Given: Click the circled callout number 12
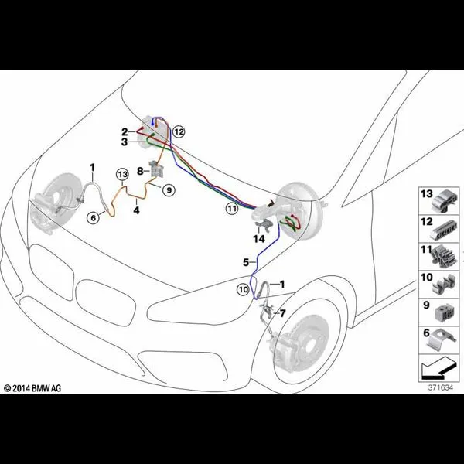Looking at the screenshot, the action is (x=179, y=131).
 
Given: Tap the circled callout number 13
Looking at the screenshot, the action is (x=122, y=175).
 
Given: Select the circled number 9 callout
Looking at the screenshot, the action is (x=169, y=190).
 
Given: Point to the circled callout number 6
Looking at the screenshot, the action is (x=94, y=218).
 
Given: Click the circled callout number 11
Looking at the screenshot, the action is (x=232, y=209).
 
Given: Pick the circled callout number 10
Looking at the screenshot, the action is (x=243, y=290).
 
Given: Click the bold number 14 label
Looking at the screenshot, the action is (x=259, y=238).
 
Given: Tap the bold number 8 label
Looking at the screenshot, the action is (x=140, y=171).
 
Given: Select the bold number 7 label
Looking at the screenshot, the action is (x=282, y=313).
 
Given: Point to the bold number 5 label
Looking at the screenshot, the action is (x=246, y=262).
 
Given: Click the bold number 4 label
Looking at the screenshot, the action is (x=136, y=210).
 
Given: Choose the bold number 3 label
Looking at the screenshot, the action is (x=125, y=142).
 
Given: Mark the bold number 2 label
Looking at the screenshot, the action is (x=125, y=131).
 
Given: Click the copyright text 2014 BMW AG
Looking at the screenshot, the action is (x=32, y=388).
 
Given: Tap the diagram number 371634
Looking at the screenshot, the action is (x=441, y=387).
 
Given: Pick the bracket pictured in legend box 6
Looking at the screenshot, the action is (x=440, y=341).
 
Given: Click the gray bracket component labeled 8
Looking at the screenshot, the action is (x=156, y=169).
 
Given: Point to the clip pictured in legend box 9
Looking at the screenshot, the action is (x=445, y=313).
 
